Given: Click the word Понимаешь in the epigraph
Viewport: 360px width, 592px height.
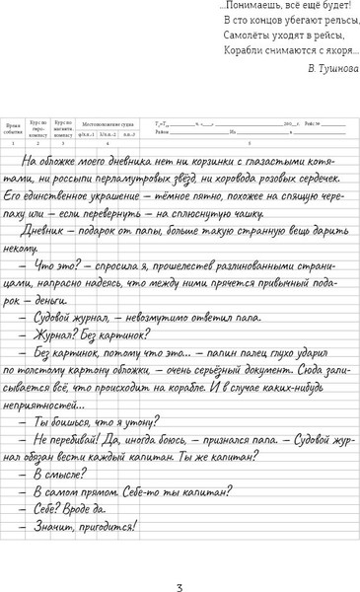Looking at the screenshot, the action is click(x=252, y=6).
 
